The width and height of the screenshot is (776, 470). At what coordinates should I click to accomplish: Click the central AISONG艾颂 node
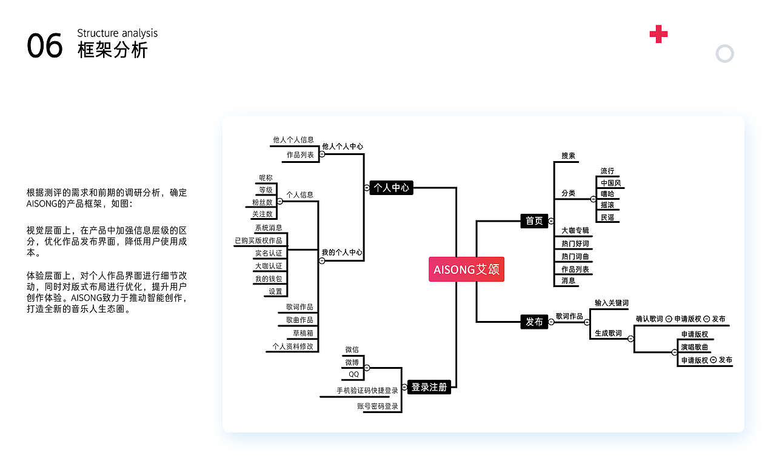coord(466,270)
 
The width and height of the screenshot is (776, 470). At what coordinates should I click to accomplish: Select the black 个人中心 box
coord(391,188)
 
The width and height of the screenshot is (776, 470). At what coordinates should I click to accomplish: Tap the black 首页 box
coord(534,220)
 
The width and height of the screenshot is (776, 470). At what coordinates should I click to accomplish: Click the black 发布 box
coord(534,322)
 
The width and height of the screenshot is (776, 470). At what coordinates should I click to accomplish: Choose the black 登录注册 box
coord(429,386)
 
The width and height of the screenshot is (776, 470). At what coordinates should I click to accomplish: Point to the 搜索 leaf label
coord(568,156)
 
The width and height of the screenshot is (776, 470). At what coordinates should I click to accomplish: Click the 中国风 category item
coord(610,183)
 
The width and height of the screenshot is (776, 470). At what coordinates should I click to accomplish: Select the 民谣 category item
coord(607,217)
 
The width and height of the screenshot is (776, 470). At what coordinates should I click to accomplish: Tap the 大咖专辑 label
coord(575,231)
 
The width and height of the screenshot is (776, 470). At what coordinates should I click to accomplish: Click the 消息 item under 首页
coord(568,280)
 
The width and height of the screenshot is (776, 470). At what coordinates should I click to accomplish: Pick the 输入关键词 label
coord(611,303)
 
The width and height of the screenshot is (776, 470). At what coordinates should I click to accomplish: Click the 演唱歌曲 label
coord(695,347)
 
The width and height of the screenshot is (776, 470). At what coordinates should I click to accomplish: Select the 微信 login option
coord(352,349)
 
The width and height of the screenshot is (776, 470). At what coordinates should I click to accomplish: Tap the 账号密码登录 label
coord(378,406)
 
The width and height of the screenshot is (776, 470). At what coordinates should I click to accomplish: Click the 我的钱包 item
coord(268,279)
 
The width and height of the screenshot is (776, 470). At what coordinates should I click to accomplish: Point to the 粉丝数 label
coord(263,202)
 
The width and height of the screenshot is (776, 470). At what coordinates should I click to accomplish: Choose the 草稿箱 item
coord(303,333)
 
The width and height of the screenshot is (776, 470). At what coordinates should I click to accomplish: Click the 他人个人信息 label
coord(293,139)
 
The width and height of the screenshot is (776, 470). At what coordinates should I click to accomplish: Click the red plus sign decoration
coord(658,35)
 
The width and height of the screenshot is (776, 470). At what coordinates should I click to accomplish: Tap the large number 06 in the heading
coord(45,46)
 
